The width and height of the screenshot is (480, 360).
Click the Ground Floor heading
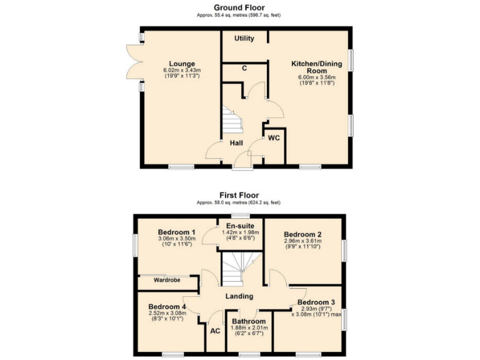tap(239, 7)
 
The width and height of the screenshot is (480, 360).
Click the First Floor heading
tap(239, 195)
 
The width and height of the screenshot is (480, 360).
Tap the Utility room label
tap(244, 39)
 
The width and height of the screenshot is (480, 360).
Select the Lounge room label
tap(181, 64)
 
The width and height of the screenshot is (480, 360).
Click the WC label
tap(274, 138)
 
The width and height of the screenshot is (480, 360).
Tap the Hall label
tap(236, 143)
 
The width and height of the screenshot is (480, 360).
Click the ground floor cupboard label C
tap(244, 68)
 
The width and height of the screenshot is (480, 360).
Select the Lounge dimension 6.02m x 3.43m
tap(181, 71)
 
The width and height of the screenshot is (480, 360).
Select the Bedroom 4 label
tap(167, 307)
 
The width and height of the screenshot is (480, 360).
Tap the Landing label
tap(239, 296)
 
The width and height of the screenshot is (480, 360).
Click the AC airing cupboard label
tap(215, 331)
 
